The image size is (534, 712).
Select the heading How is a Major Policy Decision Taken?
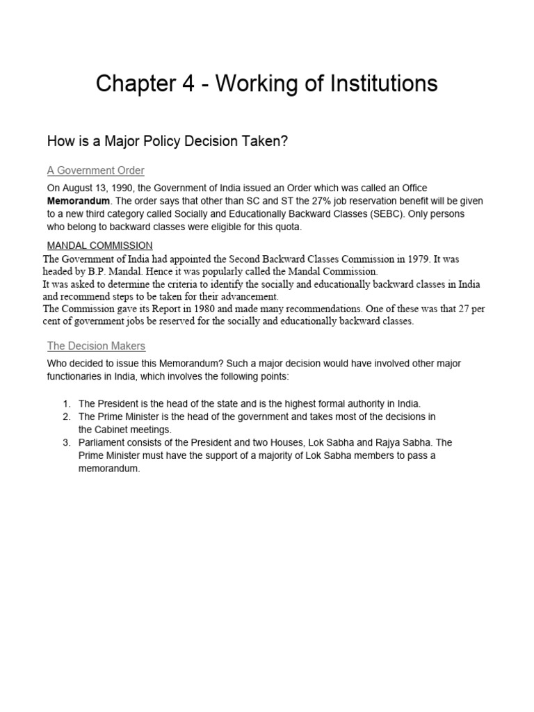(x=167, y=141)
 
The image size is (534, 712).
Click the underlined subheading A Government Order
(x=95, y=170)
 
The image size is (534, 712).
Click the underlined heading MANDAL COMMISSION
(x=99, y=245)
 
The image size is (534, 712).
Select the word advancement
(x=248, y=296)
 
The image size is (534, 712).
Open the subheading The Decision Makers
(x=96, y=346)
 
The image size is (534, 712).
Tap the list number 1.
(x=66, y=403)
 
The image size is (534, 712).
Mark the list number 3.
(x=66, y=442)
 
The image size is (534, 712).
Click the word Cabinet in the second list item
(x=113, y=429)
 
